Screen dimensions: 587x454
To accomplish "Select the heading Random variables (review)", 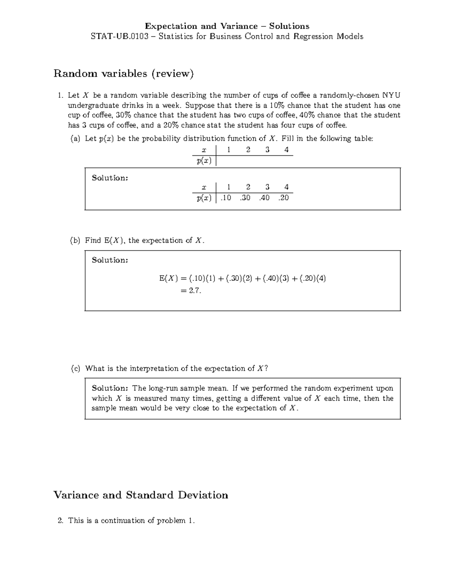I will click(x=123, y=73).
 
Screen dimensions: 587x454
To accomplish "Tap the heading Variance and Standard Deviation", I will click(x=141, y=495).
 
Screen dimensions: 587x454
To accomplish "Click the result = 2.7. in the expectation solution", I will click(x=191, y=290).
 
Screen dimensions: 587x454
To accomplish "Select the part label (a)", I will click(x=75, y=139).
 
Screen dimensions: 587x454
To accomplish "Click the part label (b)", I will click(x=75, y=240).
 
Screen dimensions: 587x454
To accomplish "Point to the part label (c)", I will click(x=75, y=369).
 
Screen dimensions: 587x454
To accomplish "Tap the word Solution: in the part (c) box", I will click(x=110, y=388).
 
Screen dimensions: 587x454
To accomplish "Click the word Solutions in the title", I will click(x=289, y=26).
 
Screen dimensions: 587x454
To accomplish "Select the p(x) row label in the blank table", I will click(x=204, y=161).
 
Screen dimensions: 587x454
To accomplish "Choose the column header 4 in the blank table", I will click(x=286, y=150).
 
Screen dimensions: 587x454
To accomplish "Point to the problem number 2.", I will click(x=60, y=520).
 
